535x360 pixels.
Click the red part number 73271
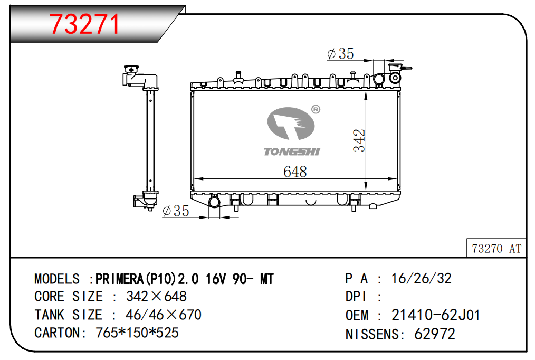pos(84,24)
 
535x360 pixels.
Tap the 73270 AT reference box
pos(496,248)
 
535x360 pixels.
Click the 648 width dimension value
pos(295,172)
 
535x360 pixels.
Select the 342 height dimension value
pos(359,140)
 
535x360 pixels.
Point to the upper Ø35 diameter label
pos(340,53)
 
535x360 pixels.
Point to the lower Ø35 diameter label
pos(176,211)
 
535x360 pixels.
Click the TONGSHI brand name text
pos(292,151)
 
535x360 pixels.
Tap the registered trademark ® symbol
pos(316,110)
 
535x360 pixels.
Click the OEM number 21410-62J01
pos(436,315)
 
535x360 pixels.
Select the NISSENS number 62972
pos(434,334)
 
